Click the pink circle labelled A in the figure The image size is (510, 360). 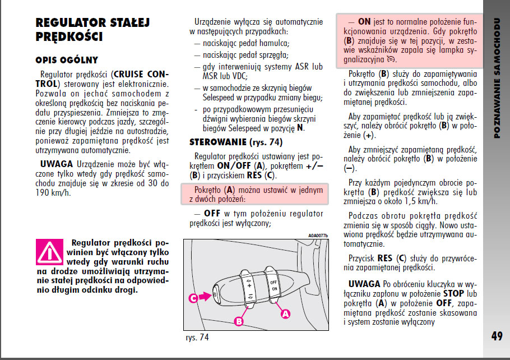[285, 314]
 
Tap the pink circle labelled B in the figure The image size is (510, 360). [238, 321]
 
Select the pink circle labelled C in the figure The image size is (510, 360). [192, 299]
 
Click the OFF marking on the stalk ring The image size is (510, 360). [273, 281]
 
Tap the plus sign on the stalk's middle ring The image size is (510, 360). [248, 285]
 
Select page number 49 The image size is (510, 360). [496, 336]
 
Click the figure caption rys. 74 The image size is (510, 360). [197, 338]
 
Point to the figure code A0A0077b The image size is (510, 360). [318, 236]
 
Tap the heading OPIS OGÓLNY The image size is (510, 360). [67, 60]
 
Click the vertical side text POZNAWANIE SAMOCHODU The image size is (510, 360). [497, 79]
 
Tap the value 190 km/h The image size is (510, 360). [54, 192]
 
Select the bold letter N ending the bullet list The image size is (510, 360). [300, 127]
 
